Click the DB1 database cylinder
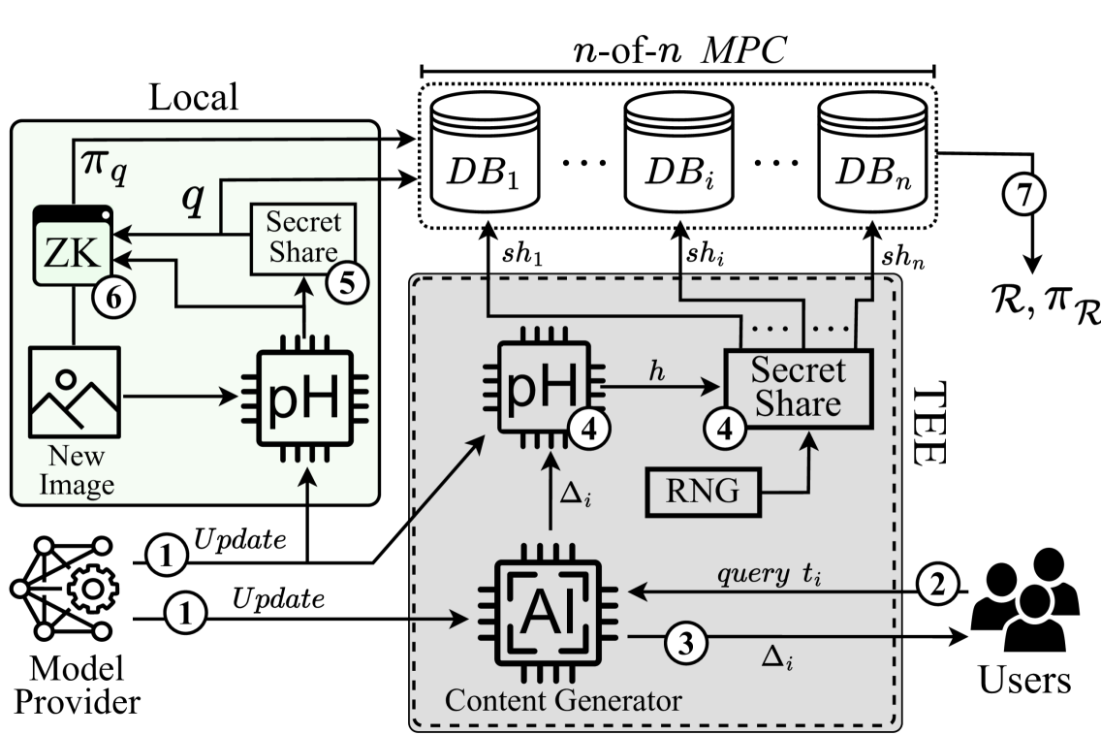click(x=484, y=153)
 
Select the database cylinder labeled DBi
click(x=677, y=153)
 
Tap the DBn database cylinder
click(x=871, y=153)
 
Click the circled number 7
click(x=1023, y=195)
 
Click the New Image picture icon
click(x=75, y=393)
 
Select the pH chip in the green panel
click(x=304, y=397)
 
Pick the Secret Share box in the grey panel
click(x=799, y=387)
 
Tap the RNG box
click(x=702, y=493)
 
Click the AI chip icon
click(x=550, y=612)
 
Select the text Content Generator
click(x=562, y=699)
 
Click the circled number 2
click(x=937, y=585)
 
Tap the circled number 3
click(x=684, y=644)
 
